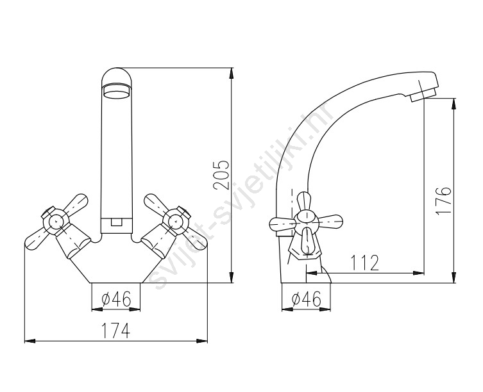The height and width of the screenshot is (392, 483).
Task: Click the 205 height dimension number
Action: [222, 175]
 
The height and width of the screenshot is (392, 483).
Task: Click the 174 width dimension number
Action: [116, 330]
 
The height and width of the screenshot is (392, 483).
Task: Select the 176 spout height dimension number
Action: [444, 200]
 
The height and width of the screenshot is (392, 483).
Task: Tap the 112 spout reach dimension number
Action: [365, 263]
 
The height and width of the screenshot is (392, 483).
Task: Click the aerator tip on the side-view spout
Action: [423, 94]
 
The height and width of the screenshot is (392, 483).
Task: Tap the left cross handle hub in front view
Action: [56, 220]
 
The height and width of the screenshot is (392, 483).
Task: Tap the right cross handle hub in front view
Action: [175, 220]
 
